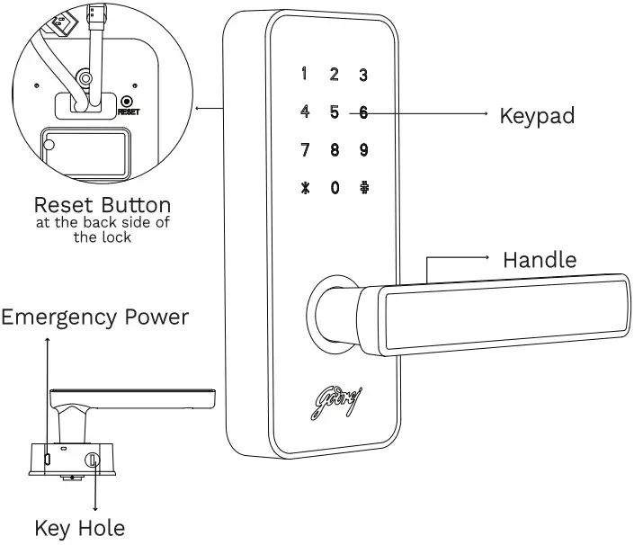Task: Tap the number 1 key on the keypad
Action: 305,74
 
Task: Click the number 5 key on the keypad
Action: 334,112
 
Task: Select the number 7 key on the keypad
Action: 305,150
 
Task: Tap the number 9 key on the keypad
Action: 363,150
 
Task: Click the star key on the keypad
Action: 305,190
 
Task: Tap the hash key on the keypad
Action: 363,190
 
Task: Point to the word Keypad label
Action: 536,115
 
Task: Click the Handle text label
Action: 540,260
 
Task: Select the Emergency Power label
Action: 94,317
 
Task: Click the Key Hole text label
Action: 79,527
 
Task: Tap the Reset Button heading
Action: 102,204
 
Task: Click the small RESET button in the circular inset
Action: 127,103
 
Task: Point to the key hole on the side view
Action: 92,460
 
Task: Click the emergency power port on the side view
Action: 47,460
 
